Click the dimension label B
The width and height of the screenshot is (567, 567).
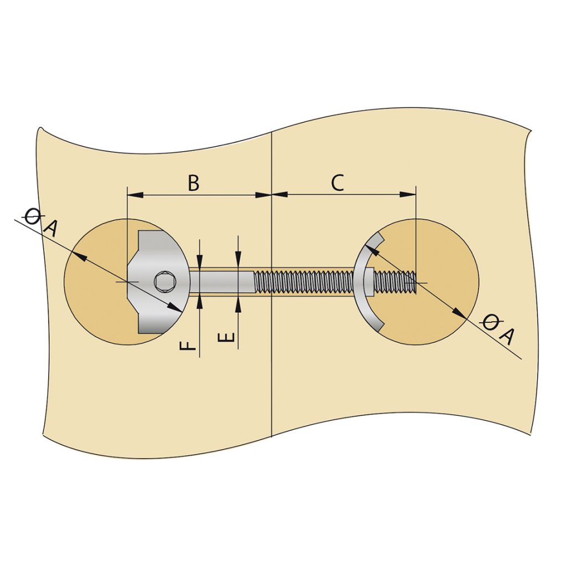tap(193, 183)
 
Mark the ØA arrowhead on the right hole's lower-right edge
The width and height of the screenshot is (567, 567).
tap(461, 313)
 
